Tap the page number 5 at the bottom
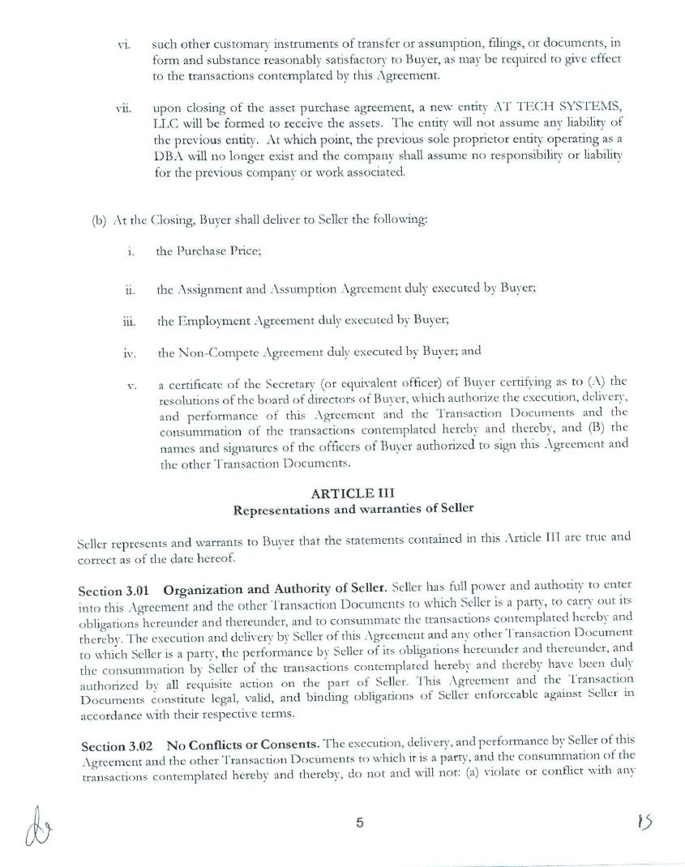(x=359, y=823)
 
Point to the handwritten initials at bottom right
(x=645, y=823)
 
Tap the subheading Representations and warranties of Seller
(x=353, y=510)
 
